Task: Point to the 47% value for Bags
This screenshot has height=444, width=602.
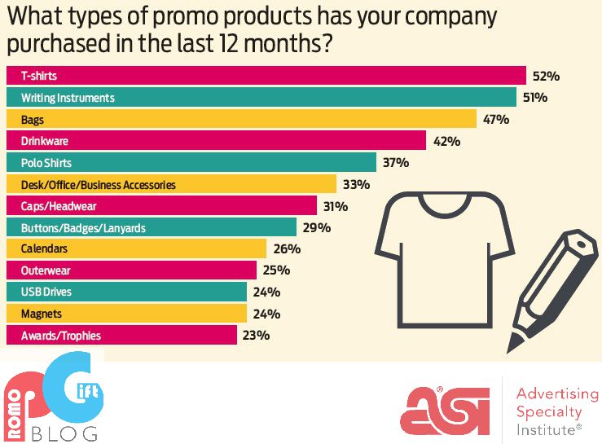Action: pyautogui.click(x=496, y=119)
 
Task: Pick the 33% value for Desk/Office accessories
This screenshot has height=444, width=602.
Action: pyautogui.click(x=356, y=184)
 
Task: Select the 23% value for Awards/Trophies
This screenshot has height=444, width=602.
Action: pyautogui.click(x=256, y=335)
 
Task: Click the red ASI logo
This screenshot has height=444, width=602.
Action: pyautogui.click(x=444, y=408)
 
